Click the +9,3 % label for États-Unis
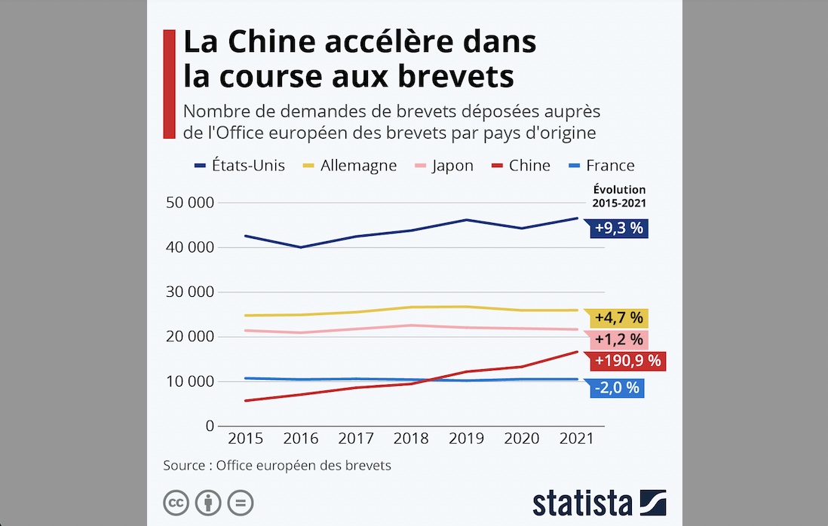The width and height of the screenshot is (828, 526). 618,228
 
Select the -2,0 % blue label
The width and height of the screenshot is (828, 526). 616,388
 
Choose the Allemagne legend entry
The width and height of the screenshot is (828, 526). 348,165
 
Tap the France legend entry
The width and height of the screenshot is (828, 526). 601,165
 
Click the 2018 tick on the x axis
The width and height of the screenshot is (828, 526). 410,439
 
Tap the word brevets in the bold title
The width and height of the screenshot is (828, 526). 458,76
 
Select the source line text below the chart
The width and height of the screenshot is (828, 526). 277,465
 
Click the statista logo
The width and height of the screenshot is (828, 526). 599,503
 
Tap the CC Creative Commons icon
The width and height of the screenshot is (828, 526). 176,503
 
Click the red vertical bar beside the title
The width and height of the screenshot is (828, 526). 169,84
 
